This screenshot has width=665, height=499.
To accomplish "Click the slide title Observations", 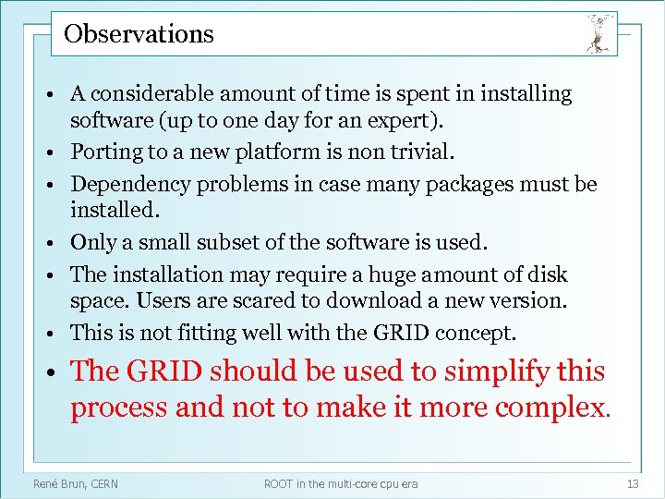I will coord(139,34).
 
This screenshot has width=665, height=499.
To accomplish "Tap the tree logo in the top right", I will coord(598,34).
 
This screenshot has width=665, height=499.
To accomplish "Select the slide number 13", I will coord(633,483).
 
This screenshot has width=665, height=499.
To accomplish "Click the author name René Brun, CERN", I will coord(76,483).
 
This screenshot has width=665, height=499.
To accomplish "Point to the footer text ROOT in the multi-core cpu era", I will coord(341,483).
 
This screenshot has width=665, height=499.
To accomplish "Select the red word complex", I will coord(556,407).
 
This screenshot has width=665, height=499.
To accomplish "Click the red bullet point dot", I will coord(55,372).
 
